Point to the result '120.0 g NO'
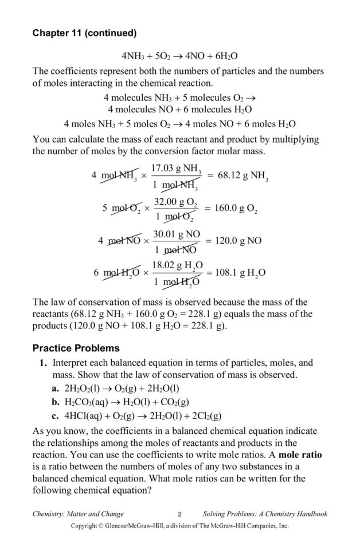click(x=237, y=241)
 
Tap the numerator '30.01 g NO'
click(x=177, y=234)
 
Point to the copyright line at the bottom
click(x=179, y=526)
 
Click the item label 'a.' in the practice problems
click(x=56, y=388)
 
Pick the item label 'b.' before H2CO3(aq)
click(x=56, y=402)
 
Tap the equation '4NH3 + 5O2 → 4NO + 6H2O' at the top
click(x=179, y=57)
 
